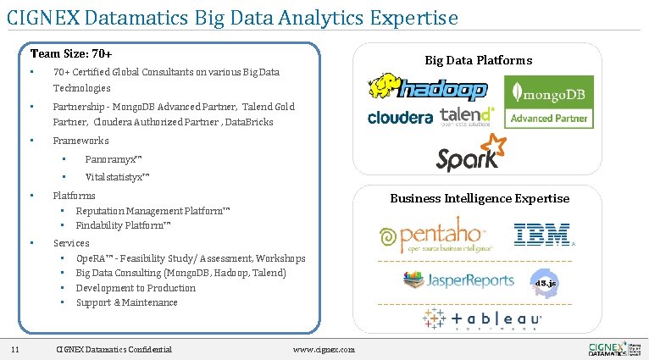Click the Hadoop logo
(x=427, y=87)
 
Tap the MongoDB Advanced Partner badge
(x=549, y=102)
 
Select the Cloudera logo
(x=400, y=118)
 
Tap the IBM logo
(x=543, y=235)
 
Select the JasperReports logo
(x=458, y=279)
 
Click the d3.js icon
(x=543, y=281)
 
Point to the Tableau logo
(x=483, y=319)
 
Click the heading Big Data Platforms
(x=478, y=59)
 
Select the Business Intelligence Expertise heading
(x=480, y=198)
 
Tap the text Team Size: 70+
(x=71, y=53)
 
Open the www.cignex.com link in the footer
(x=323, y=350)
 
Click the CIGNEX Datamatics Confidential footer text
(x=113, y=349)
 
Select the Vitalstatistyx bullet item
(x=118, y=177)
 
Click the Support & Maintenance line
(x=126, y=302)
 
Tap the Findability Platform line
(x=124, y=225)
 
